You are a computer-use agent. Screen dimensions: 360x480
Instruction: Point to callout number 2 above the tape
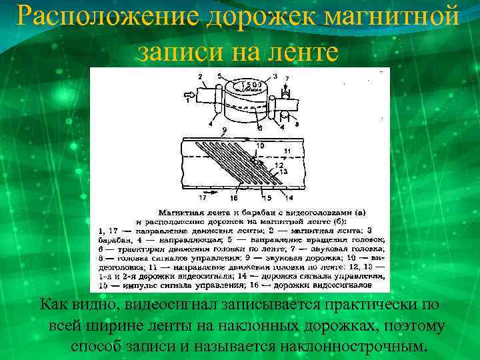coord(201,77)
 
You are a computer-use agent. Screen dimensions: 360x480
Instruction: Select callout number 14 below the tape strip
coord(288,197)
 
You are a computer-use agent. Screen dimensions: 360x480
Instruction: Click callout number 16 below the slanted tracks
coord(233,197)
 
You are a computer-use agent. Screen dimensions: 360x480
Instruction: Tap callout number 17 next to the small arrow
coord(203,197)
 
